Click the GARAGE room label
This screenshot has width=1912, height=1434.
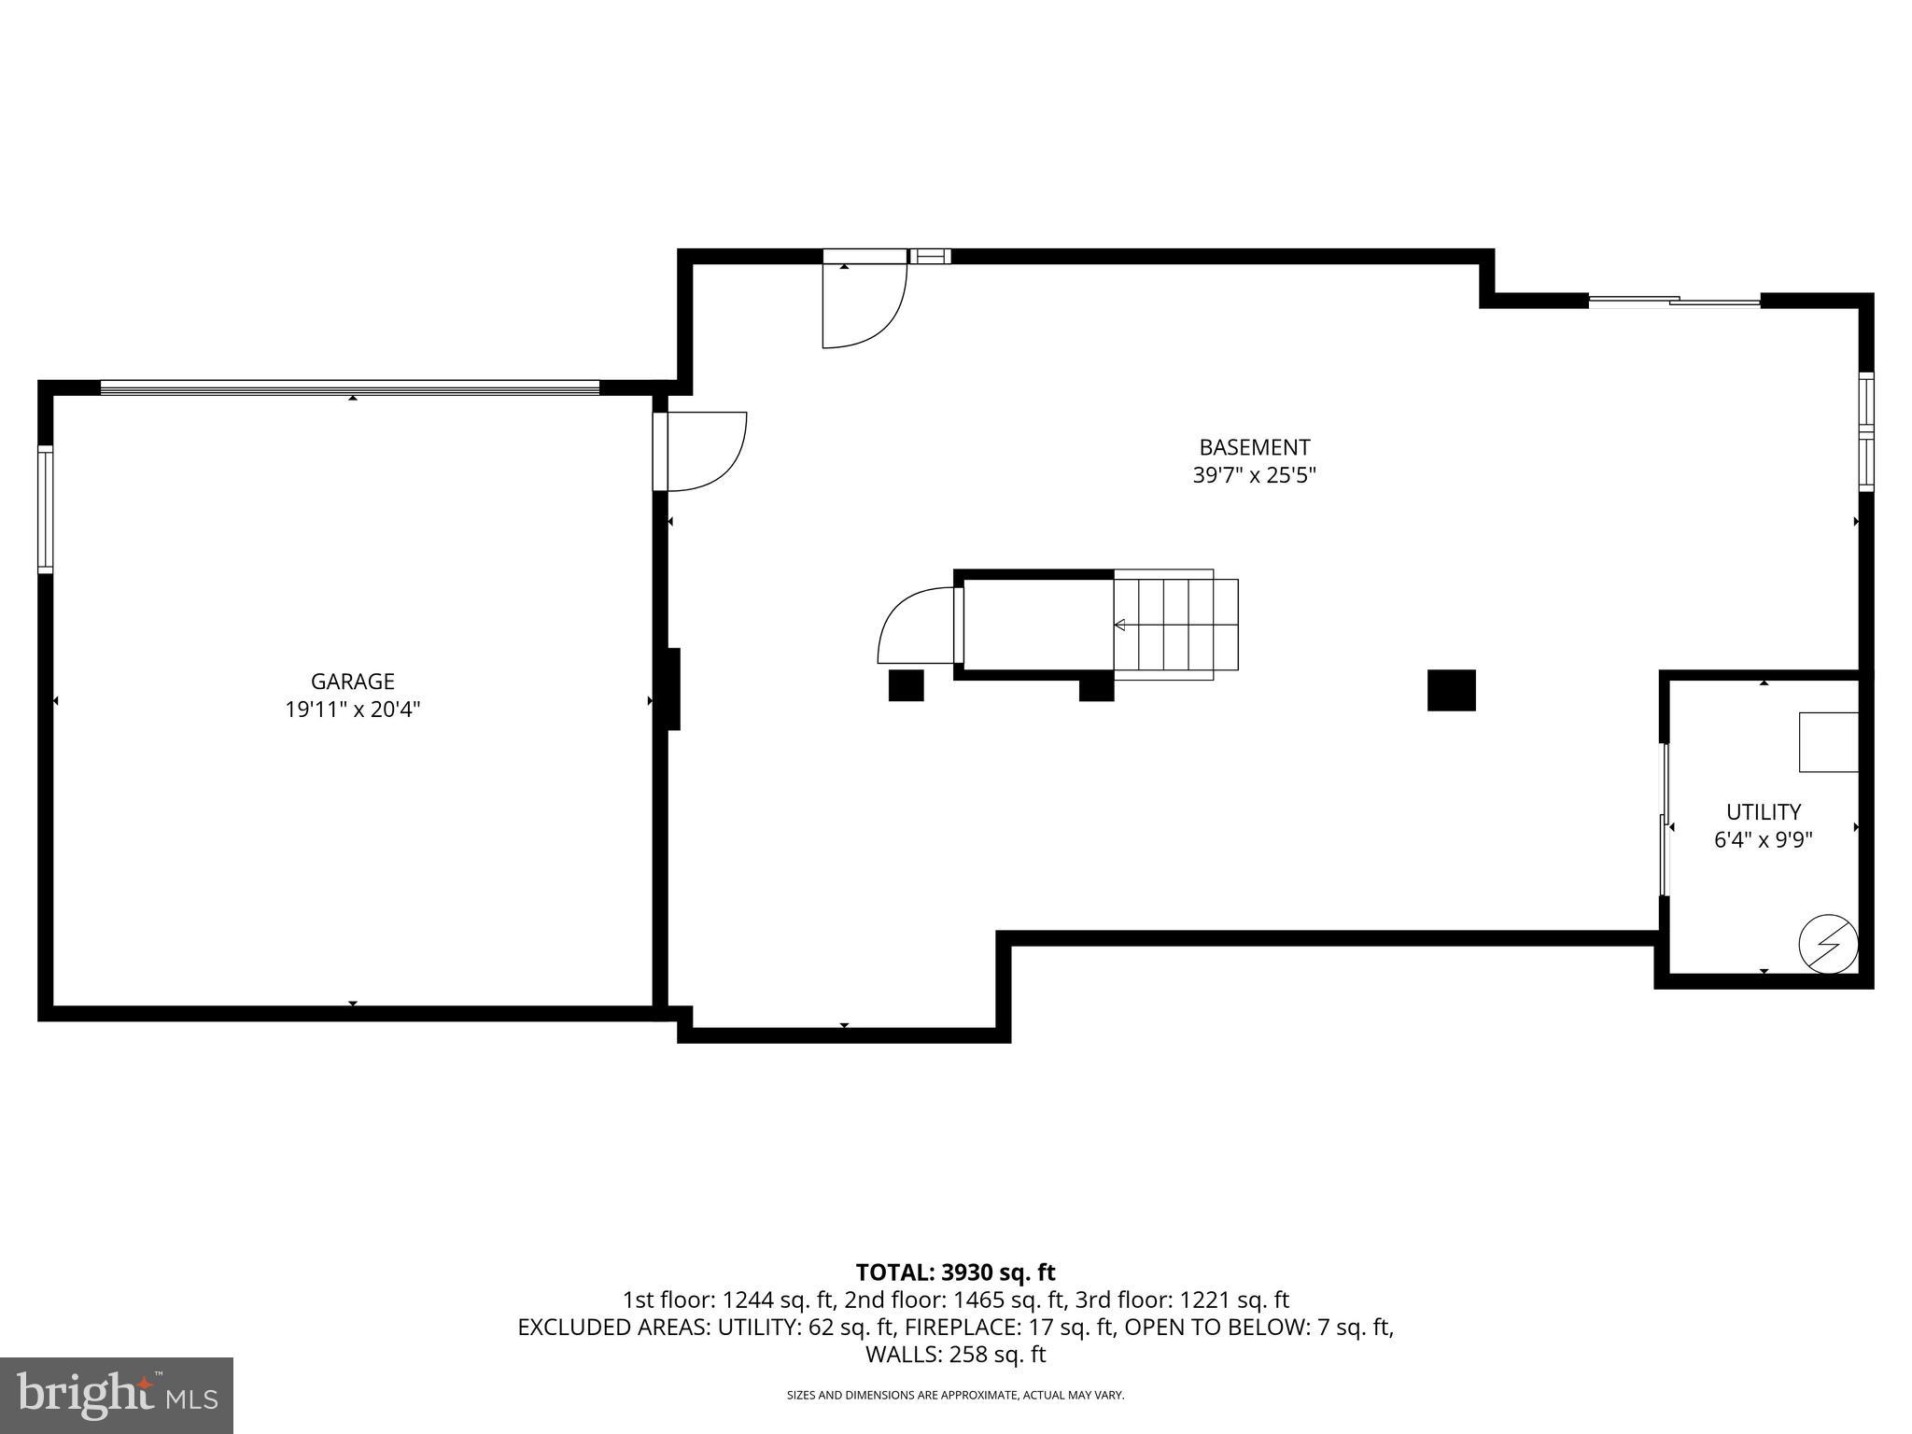click(x=352, y=682)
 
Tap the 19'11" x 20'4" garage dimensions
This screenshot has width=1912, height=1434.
click(x=352, y=710)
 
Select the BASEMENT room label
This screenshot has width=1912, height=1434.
click(x=1254, y=447)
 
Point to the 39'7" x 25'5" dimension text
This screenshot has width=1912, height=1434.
click(x=1254, y=475)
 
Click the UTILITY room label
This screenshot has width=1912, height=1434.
click(x=1763, y=811)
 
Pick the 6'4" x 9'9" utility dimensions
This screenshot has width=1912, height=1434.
click(x=1763, y=839)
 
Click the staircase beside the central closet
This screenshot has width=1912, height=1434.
click(x=1175, y=624)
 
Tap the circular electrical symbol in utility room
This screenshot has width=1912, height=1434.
click(x=1828, y=943)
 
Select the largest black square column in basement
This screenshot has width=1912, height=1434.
click(x=1451, y=690)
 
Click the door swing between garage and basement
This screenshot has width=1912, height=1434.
click(x=700, y=451)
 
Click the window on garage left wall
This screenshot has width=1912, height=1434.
click(x=45, y=509)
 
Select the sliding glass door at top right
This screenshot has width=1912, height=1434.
click(x=1674, y=301)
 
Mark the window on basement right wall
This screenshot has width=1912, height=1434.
click(x=1865, y=431)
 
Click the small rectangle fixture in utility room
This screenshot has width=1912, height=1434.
click(x=1828, y=742)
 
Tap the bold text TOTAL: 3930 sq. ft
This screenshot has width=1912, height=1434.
click(x=955, y=1272)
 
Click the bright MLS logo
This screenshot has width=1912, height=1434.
click(x=117, y=1395)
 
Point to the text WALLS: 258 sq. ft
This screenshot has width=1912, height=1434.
click(x=955, y=1354)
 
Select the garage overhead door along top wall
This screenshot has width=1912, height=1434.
click(x=350, y=387)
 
